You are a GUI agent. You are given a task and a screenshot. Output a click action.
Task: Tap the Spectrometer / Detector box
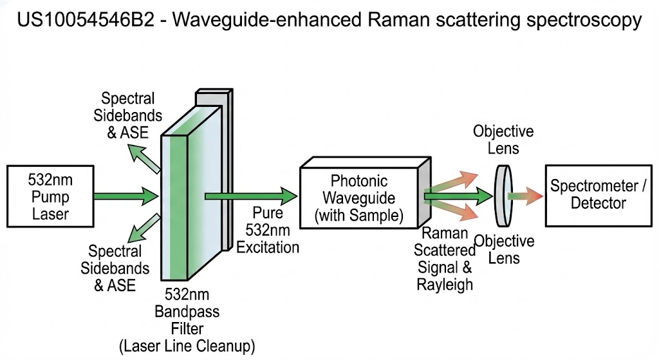coord(597,194)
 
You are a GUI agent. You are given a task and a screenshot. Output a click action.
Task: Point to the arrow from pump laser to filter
coord(125,194)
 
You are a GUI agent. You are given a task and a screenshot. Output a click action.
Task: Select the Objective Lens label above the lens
coord(503,140)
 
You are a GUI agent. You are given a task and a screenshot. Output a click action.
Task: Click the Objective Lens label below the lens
coord(504,250)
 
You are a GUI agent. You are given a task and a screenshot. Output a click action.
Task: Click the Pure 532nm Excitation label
coord(268,238)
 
